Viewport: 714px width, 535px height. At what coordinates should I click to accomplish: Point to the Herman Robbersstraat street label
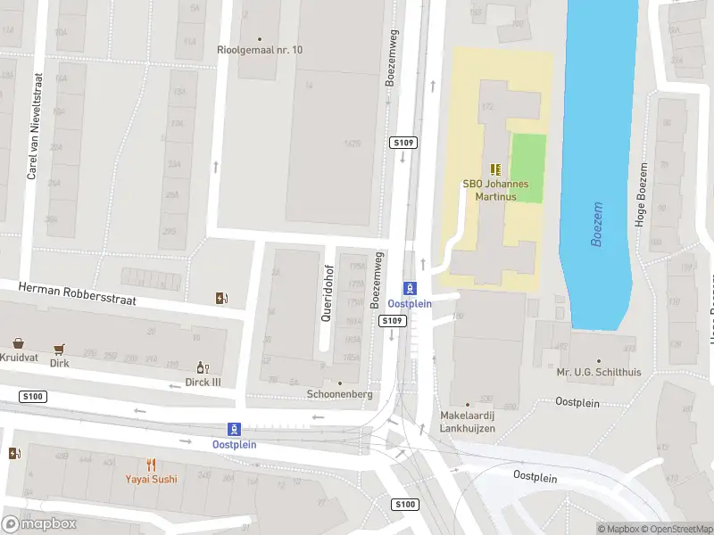(79, 294)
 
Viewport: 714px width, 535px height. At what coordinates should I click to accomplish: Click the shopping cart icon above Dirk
(60, 349)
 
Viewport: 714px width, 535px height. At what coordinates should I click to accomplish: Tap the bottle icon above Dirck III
(203, 367)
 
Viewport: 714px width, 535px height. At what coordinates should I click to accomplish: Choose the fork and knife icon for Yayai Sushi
(151, 465)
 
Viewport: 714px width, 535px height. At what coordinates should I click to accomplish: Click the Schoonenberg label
(338, 394)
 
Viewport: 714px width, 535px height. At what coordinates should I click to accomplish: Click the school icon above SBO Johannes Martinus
(495, 169)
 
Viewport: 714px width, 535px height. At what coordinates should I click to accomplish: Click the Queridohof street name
(328, 292)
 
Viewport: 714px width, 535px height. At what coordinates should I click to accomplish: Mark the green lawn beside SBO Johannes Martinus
(527, 168)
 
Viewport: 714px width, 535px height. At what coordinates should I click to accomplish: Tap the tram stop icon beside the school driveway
(411, 288)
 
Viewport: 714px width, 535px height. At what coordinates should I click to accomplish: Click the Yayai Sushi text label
(151, 479)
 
